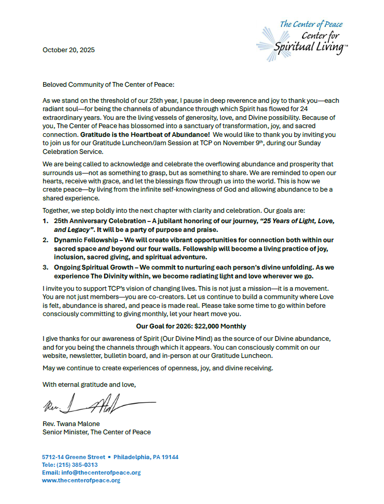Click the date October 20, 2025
point(68,50)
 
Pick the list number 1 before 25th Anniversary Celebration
point(45,221)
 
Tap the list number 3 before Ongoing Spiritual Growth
point(45,267)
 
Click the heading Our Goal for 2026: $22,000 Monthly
point(191,326)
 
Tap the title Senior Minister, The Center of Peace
point(96,432)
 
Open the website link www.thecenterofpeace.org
point(81,480)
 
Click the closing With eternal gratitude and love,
point(89,384)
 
